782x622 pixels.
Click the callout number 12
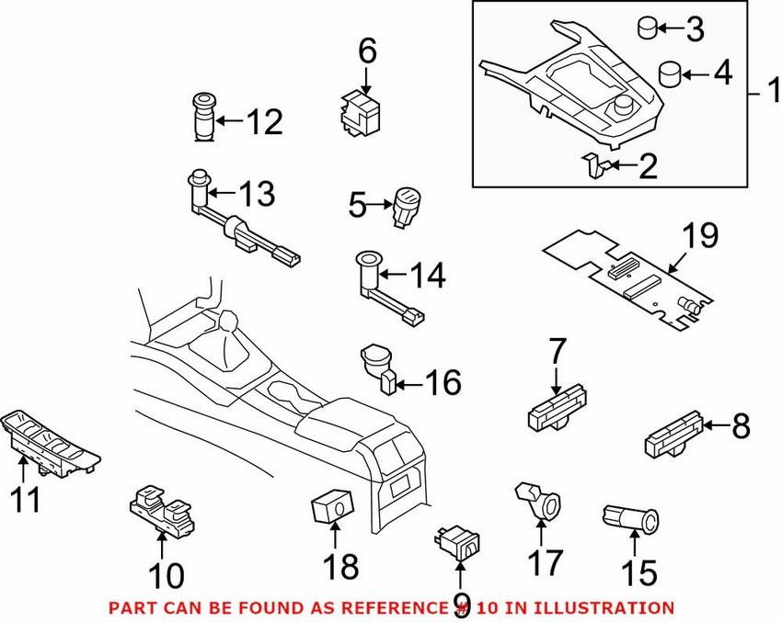click(263, 121)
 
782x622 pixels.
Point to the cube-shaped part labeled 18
click(330, 507)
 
